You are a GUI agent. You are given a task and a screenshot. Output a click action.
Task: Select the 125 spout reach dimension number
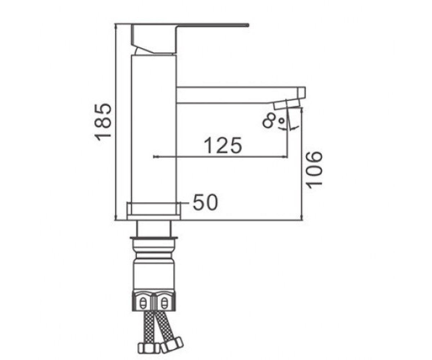[x=222, y=145]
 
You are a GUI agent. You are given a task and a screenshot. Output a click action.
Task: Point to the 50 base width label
[x=205, y=202]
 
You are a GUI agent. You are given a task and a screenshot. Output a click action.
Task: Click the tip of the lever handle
[x=249, y=26]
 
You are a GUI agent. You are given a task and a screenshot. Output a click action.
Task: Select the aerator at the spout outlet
[x=287, y=104]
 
